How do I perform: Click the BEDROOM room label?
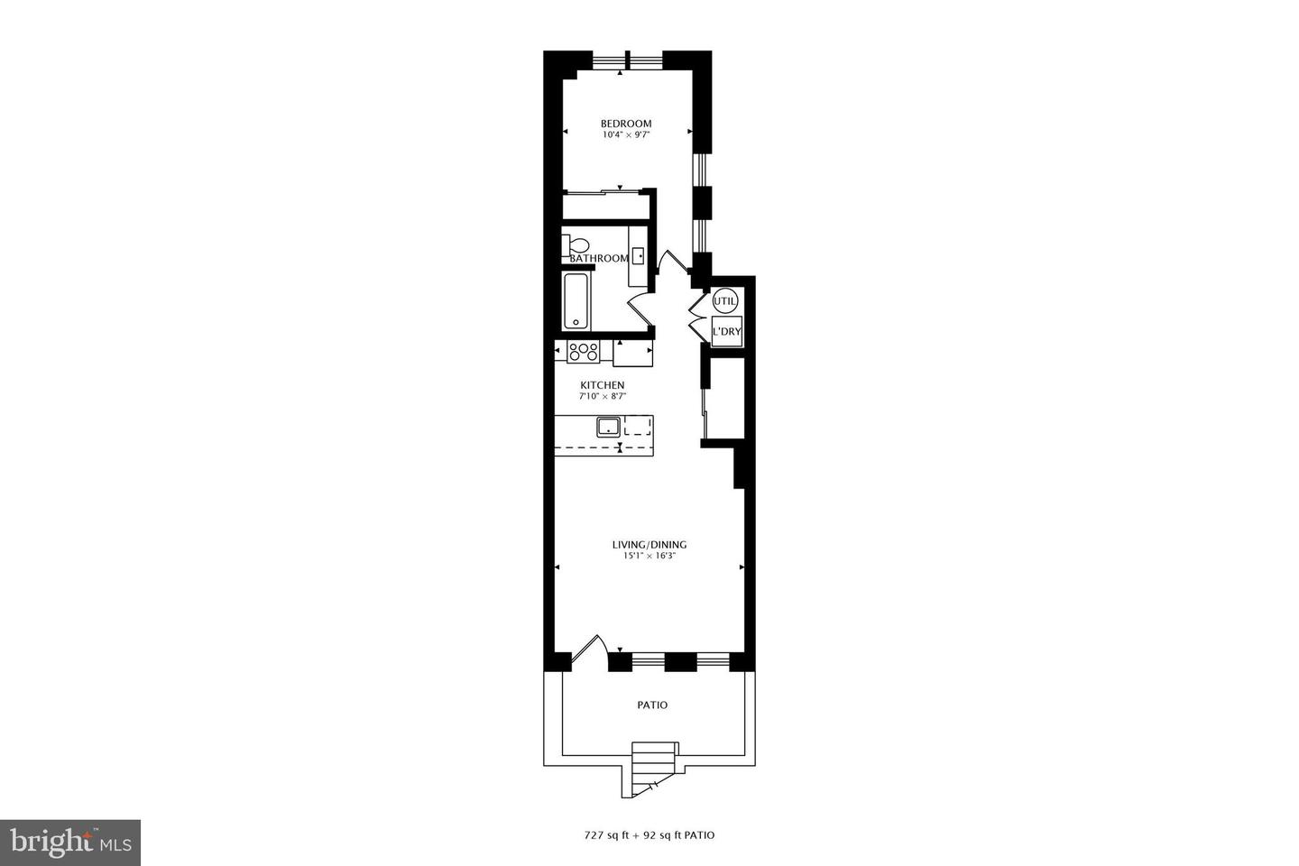point(626,124)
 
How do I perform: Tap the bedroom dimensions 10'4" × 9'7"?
point(626,135)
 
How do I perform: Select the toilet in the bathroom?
point(575,244)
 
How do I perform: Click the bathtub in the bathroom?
point(576,302)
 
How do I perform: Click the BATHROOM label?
point(599,259)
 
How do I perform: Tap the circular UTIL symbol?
point(725,300)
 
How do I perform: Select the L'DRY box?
point(726,331)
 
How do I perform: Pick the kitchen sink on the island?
point(606,426)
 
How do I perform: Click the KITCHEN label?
point(602,385)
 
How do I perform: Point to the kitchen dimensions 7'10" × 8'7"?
point(602,396)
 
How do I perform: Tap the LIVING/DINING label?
point(649,545)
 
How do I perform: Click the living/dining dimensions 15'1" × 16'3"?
point(649,557)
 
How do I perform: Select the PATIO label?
point(652,705)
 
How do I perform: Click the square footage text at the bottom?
point(649,835)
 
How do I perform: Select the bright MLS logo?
point(69,843)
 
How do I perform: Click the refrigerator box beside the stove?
point(632,353)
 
